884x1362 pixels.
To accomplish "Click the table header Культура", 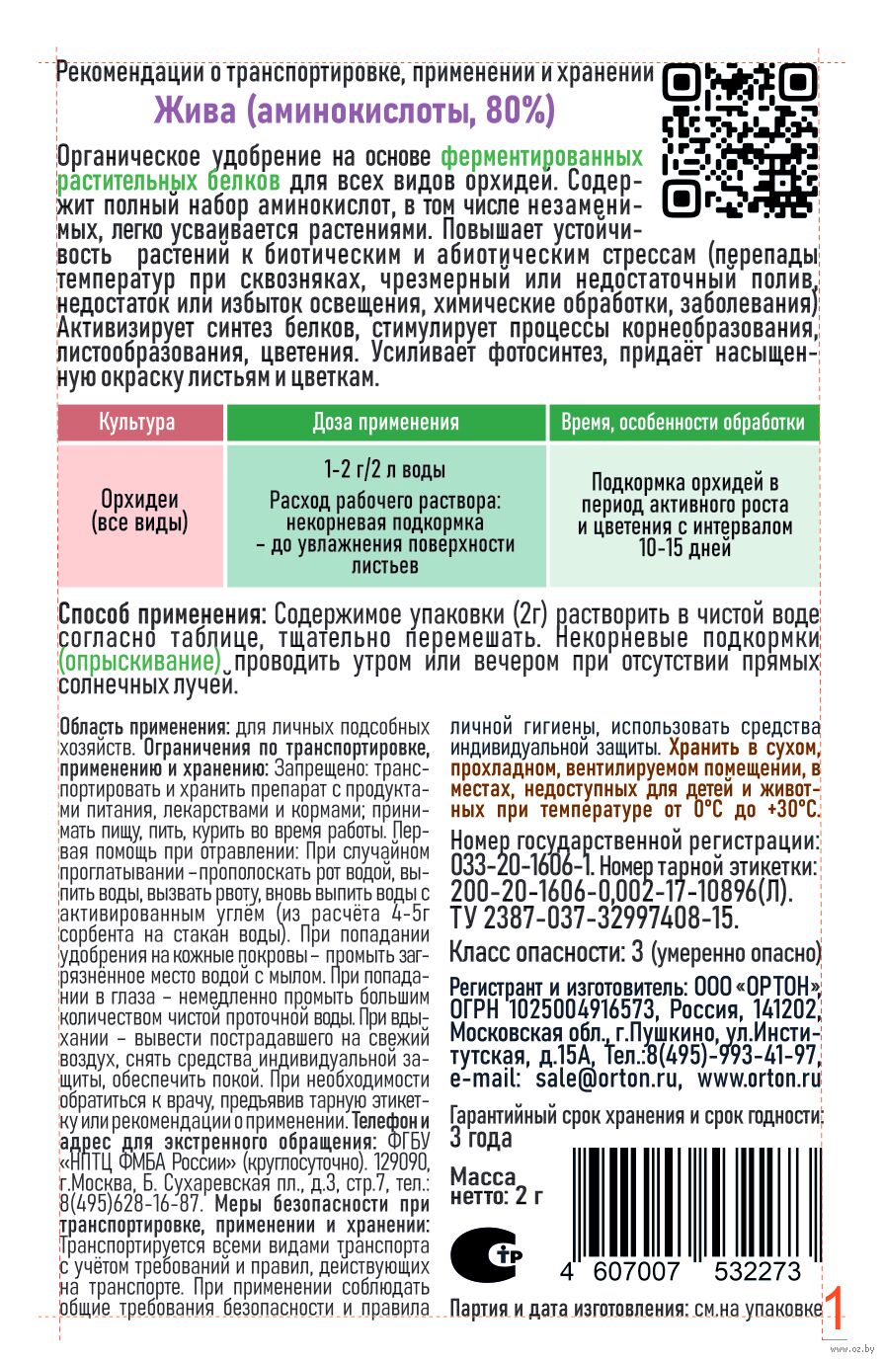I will click(x=137, y=423).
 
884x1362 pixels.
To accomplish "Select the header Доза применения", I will click(x=385, y=423).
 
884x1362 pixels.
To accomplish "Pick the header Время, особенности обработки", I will click(x=683, y=423).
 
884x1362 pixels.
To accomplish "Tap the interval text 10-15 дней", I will click(x=684, y=548).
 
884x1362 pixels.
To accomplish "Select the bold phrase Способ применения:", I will click(x=162, y=613).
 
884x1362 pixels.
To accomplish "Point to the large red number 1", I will click(x=834, y=1310).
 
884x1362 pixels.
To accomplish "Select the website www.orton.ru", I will click(x=759, y=1079).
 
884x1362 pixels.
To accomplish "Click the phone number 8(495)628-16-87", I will click(x=129, y=1204).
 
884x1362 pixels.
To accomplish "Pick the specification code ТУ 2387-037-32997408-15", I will click(x=594, y=918).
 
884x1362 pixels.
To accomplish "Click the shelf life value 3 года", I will click(x=481, y=1138).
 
